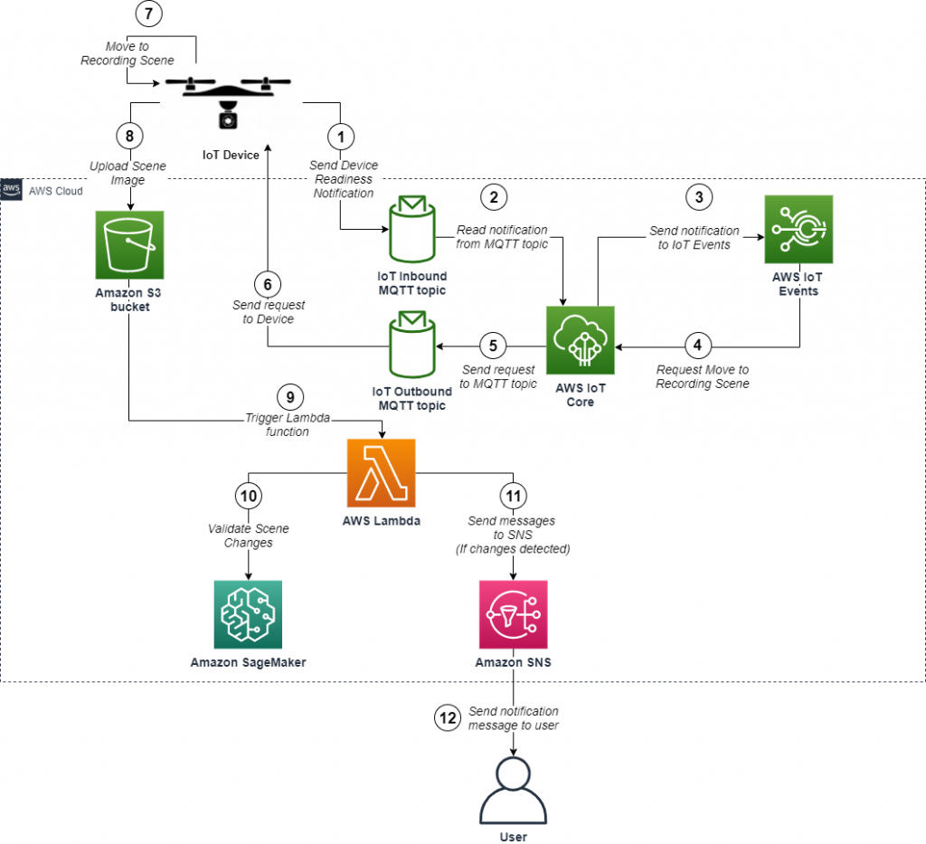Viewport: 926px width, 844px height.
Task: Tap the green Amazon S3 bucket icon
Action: point(129,245)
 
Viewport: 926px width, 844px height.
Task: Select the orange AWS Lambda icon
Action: point(381,473)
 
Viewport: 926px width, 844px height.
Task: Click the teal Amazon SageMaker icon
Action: point(248,614)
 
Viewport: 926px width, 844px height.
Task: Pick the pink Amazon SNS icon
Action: point(513,614)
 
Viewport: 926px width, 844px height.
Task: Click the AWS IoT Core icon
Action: point(580,340)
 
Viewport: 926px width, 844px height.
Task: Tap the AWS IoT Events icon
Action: point(798,230)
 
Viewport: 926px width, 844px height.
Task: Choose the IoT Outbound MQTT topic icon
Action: point(412,346)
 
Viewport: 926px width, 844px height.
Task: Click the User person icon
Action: point(514,790)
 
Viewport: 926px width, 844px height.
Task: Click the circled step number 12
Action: point(446,718)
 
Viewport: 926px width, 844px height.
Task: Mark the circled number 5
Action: point(493,346)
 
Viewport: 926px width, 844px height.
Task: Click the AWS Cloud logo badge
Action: point(12,190)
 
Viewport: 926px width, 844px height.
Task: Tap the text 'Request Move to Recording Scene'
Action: point(702,376)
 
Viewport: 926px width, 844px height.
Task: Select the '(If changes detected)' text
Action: point(512,549)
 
